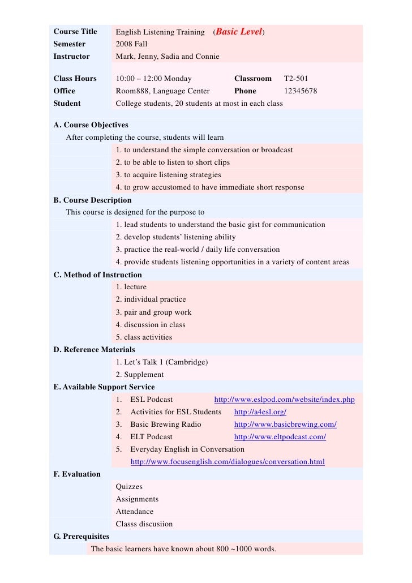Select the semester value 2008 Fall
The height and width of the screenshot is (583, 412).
pos(131,44)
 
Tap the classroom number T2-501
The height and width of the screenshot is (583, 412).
pos(295,79)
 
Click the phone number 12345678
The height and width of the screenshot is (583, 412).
pos(300,91)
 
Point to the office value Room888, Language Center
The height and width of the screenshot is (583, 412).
pos(162,91)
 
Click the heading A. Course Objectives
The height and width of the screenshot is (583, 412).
pos(91,125)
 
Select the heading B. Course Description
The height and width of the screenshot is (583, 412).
pos(92,200)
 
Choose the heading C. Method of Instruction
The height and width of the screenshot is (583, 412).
pos(97,275)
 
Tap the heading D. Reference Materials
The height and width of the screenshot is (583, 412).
pos(94,350)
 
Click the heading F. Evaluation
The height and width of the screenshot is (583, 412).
pos(77,474)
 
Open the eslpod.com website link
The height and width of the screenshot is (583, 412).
pos(284,400)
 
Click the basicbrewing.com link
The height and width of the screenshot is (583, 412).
pos(285,425)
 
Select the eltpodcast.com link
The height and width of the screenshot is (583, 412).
pos(280,437)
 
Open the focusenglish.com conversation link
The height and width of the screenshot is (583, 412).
pos(228,462)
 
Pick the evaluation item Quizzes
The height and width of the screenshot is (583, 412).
pos(129,487)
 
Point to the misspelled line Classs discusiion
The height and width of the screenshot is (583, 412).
pos(144,524)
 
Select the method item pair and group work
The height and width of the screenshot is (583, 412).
pos(153,312)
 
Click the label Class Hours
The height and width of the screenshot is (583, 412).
pos(75,79)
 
